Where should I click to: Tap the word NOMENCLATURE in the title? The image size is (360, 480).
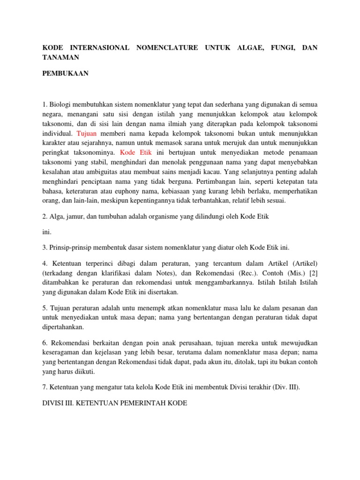pos(166,48)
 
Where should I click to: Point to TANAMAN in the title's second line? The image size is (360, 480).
pos(61,57)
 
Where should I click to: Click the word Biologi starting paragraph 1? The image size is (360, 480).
pos(62,104)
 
